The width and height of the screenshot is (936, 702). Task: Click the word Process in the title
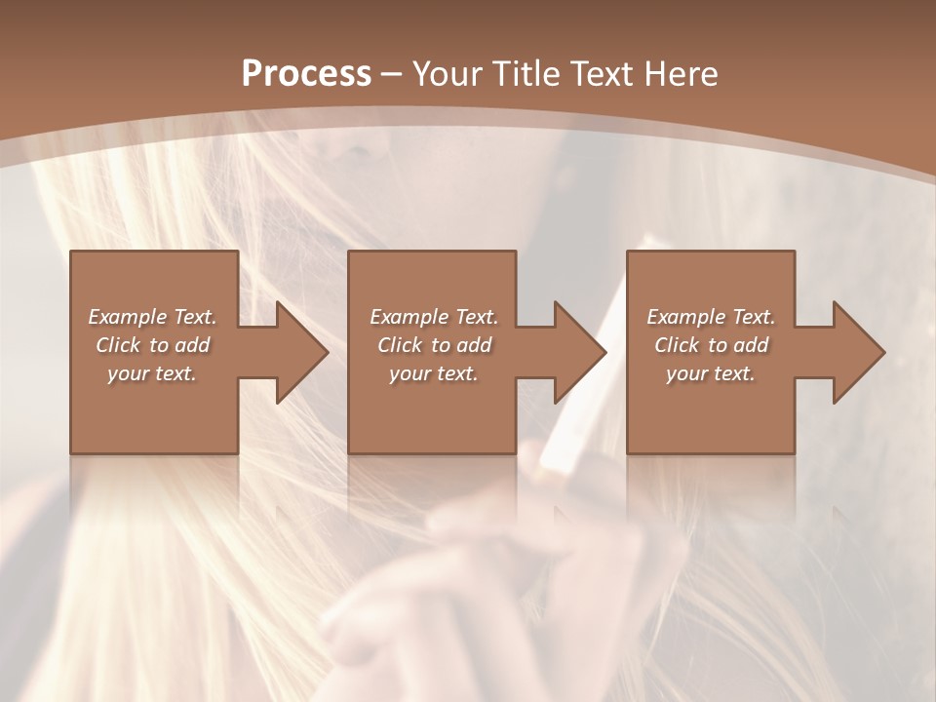click(x=306, y=74)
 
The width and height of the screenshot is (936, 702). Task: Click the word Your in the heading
click(x=448, y=74)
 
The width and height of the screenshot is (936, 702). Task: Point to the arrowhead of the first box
click(x=297, y=352)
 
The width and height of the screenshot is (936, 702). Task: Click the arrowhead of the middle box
click(x=575, y=352)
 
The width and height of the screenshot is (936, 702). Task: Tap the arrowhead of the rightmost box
click(x=854, y=352)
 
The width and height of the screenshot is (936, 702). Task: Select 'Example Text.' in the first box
click(x=152, y=317)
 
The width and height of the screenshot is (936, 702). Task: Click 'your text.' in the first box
click(x=152, y=373)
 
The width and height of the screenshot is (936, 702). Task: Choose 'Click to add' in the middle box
click(x=434, y=345)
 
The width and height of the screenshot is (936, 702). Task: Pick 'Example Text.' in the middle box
click(x=434, y=317)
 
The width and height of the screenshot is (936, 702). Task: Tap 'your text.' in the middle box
click(x=434, y=373)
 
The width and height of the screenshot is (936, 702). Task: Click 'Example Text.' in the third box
click(x=711, y=317)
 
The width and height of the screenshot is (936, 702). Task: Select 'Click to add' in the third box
click(x=711, y=345)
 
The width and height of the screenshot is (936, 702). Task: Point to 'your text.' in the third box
click(x=711, y=373)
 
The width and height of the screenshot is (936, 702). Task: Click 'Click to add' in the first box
click(x=152, y=345)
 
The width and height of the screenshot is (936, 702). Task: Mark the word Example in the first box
click(x=126, y=317)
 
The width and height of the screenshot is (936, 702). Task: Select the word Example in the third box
click(x=684, y=317)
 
